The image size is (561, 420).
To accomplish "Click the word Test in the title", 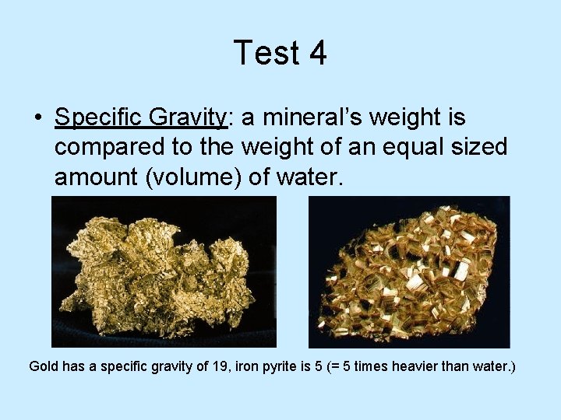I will [261, 53].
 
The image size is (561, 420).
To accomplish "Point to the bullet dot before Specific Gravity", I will [37, 119].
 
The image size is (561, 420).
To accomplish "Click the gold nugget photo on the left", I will [164, 271].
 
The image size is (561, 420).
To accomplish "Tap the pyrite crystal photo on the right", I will [409, 271].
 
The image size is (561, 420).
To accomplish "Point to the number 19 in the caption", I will [221, 366].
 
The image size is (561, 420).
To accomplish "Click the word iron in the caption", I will [251, 366].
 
